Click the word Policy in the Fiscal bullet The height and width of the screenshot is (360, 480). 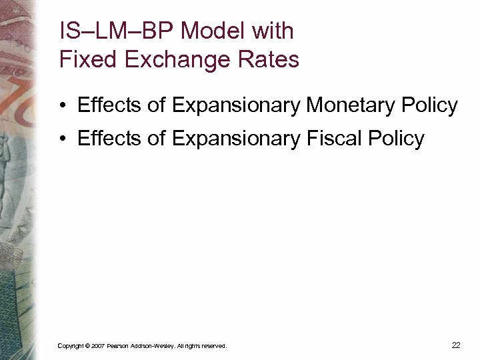coord(397,138)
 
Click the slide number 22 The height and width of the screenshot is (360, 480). coord(456,345)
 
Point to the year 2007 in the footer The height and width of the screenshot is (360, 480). coord(97,346)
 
